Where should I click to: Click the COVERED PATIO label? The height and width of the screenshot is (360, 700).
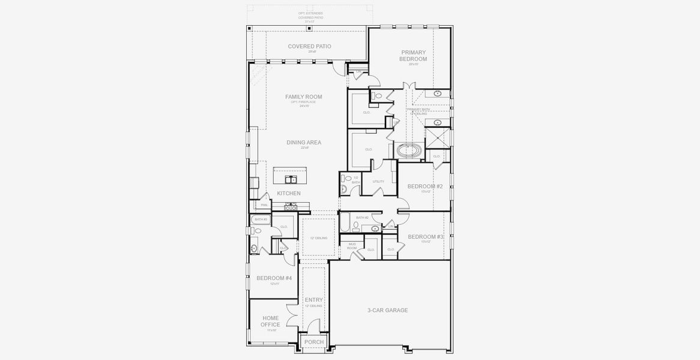[x=309, y=46]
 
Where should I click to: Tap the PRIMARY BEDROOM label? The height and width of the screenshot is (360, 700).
[x=414, y=55]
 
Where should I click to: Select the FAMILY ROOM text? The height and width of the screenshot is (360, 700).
[x=303, y=97]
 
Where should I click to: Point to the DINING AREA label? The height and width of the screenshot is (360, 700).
[x=303, y=142]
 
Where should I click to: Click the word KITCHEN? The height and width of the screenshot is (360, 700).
[x=289, y=193]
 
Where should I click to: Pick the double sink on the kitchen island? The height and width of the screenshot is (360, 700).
[x=289, y=179]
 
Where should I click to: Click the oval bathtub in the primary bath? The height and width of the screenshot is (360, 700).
[x=409, y=150]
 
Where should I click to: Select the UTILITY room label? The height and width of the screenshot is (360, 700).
[x=378, y=181]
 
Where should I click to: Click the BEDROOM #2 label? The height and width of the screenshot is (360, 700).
[x=425, y=186]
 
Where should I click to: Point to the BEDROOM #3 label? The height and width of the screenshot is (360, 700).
[x=425, y=236]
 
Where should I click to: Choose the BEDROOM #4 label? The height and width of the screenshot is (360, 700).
[x=274, y=278]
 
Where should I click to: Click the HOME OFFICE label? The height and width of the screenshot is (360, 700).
[x=270, y=321]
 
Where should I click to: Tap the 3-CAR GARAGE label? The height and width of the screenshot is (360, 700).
[x=387, y=310]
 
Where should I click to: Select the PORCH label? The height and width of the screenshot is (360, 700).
[x=313, y=342]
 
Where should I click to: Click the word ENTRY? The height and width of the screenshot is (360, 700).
[x=313, y=299]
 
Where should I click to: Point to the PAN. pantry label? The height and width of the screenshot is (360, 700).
[x=264, y=205]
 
